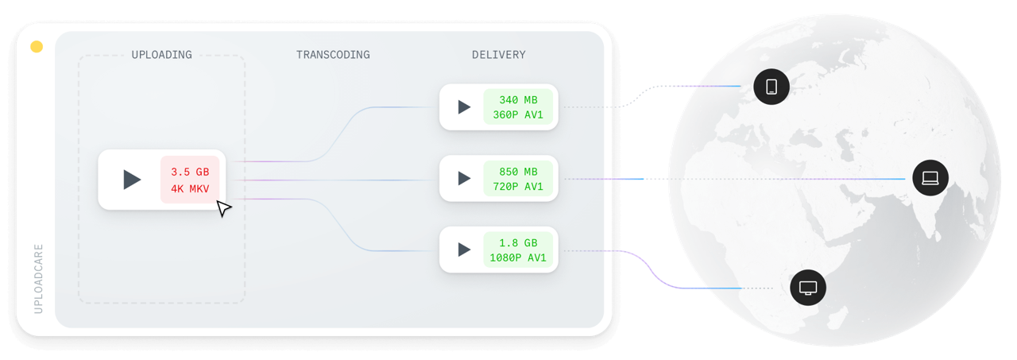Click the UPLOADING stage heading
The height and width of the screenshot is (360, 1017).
[161, 55]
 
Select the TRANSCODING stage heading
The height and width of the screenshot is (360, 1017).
[333, 55]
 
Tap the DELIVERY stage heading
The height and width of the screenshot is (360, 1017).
[498, 55]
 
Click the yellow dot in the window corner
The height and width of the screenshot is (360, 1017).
[36, 48]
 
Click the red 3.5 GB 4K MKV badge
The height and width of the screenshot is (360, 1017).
[190, 180]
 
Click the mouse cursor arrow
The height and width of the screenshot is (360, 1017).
[224, 209]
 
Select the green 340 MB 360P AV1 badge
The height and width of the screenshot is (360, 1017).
[518, 107]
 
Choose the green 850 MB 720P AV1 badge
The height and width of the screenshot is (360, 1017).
[518, 179]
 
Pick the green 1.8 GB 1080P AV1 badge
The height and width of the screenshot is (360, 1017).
[518, 250]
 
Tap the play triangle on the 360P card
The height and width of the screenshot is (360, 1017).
[464, 107]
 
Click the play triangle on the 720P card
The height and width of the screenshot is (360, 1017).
[464, 179]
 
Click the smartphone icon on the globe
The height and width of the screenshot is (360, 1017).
[771, 87]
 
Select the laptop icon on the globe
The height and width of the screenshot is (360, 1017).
[930, 178]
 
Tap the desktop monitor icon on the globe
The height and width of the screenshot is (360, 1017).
[808, 287]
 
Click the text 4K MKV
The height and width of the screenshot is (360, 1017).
[190, 188]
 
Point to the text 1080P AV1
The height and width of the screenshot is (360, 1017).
[518, 257]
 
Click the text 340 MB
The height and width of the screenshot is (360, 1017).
[518, 100]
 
